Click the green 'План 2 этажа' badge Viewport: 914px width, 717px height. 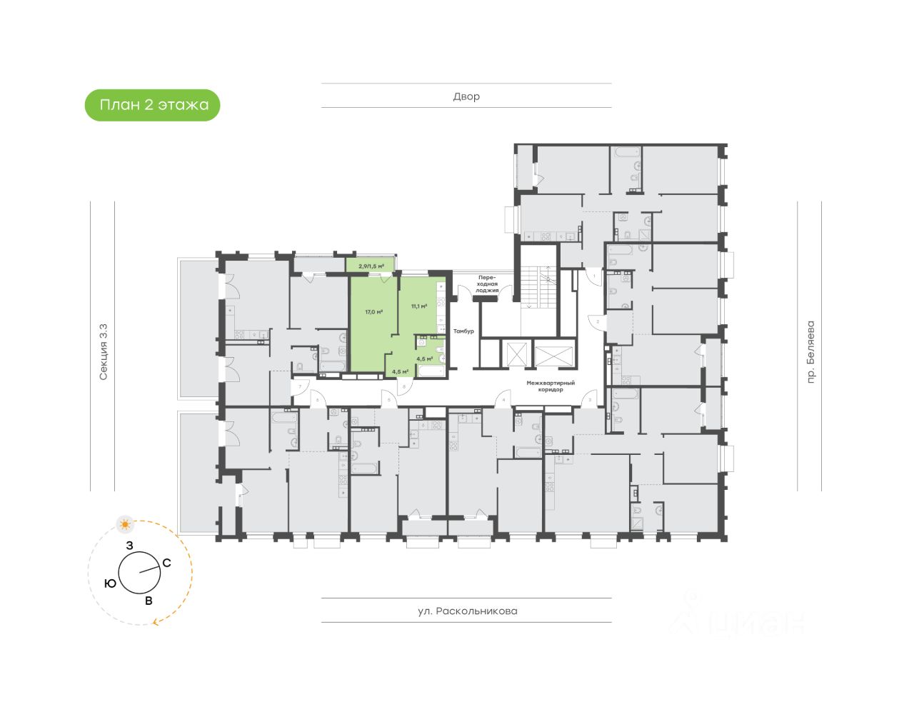click(153, 105)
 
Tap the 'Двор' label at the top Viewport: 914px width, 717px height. click(466, 96)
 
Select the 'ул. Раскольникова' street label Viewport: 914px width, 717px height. click(467, 611)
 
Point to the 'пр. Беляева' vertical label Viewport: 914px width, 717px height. click(810, 352)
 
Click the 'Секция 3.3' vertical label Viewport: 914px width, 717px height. click(104, 352)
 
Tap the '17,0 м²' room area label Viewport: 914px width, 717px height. click(374, 312)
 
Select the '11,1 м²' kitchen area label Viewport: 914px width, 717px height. click(419, 306)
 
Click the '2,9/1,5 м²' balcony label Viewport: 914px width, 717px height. click(371, 266)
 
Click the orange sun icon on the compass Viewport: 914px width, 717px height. click(126, 525)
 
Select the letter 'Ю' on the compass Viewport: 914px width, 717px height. click(110, 583)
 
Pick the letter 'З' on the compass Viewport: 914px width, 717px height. click(129, 546)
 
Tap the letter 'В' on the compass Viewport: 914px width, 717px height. click(149, 601)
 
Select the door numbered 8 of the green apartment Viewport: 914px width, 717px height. click(405, 386)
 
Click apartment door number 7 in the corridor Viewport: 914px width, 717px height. click(301, 386)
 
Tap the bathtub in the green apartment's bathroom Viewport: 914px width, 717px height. click(431, 371)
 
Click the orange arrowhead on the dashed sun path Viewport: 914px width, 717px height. click(156, 622)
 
